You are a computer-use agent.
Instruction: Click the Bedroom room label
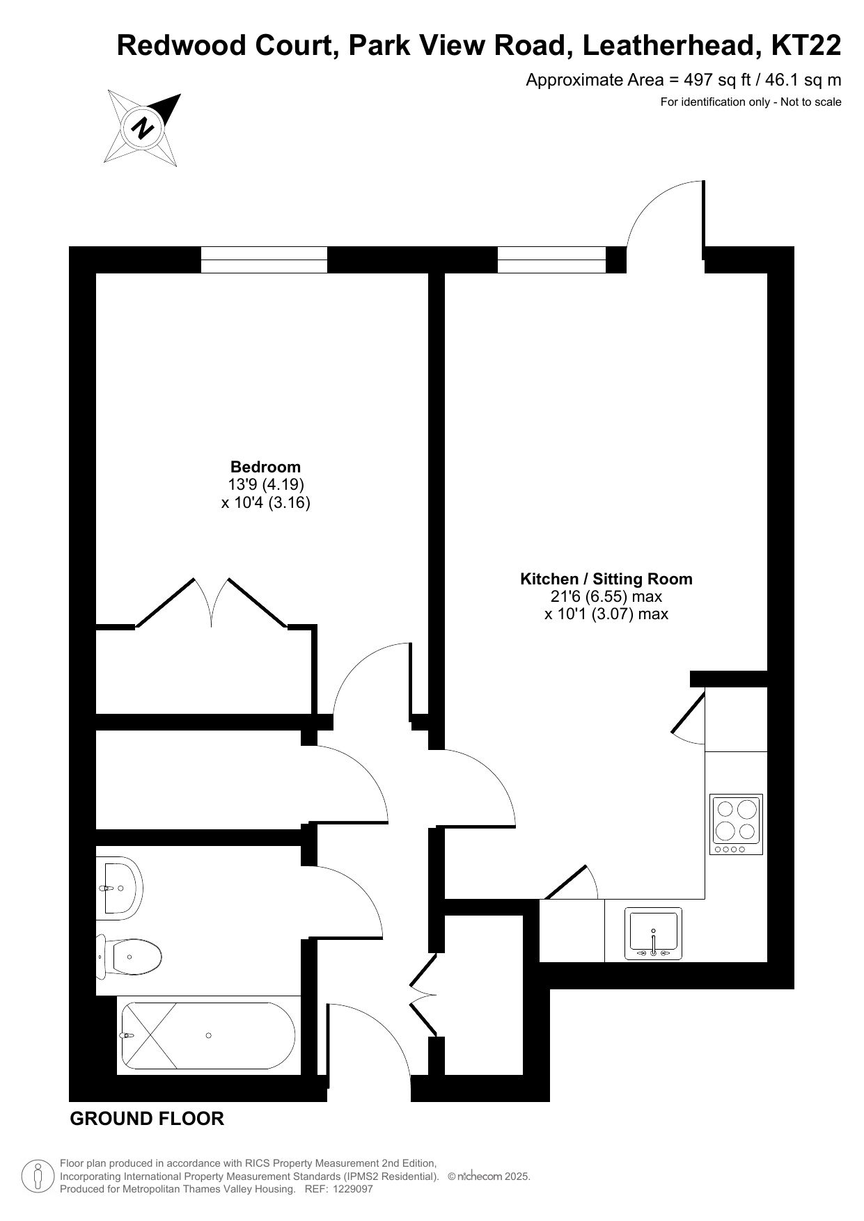pyautogui.click(x=265, y=467)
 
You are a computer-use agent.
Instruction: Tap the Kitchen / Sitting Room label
pyautogui.click(x=606, y=579)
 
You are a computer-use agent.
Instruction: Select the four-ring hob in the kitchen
pyautogui.click(x=736, y=824)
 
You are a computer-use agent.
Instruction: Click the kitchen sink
pyautogui.click(x=653, y=934)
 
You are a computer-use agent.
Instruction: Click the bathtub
pyautogui.click(x=208, y=1036)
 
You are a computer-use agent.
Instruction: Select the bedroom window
pyautogui.click(x=264, y=260)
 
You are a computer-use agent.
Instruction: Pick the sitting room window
pyautogui.click(x=551, y=260)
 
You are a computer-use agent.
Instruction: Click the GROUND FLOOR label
pyautogui.click(x=148, y=1119)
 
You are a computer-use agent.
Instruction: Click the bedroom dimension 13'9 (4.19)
pyautogui.click(x=266, y=484)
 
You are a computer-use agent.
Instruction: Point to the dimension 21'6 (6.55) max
pyautogui.click(x=606, y=596)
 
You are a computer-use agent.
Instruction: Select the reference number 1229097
pyautogui.click(x=354, y=1189)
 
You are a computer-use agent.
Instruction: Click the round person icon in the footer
pyautogui.click(x=38, y=1176)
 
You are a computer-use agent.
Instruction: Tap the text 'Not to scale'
pyautogui.click(x=811, y=102)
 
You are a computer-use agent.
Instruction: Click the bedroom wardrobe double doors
pyautogui.click(x=211, y=602)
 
